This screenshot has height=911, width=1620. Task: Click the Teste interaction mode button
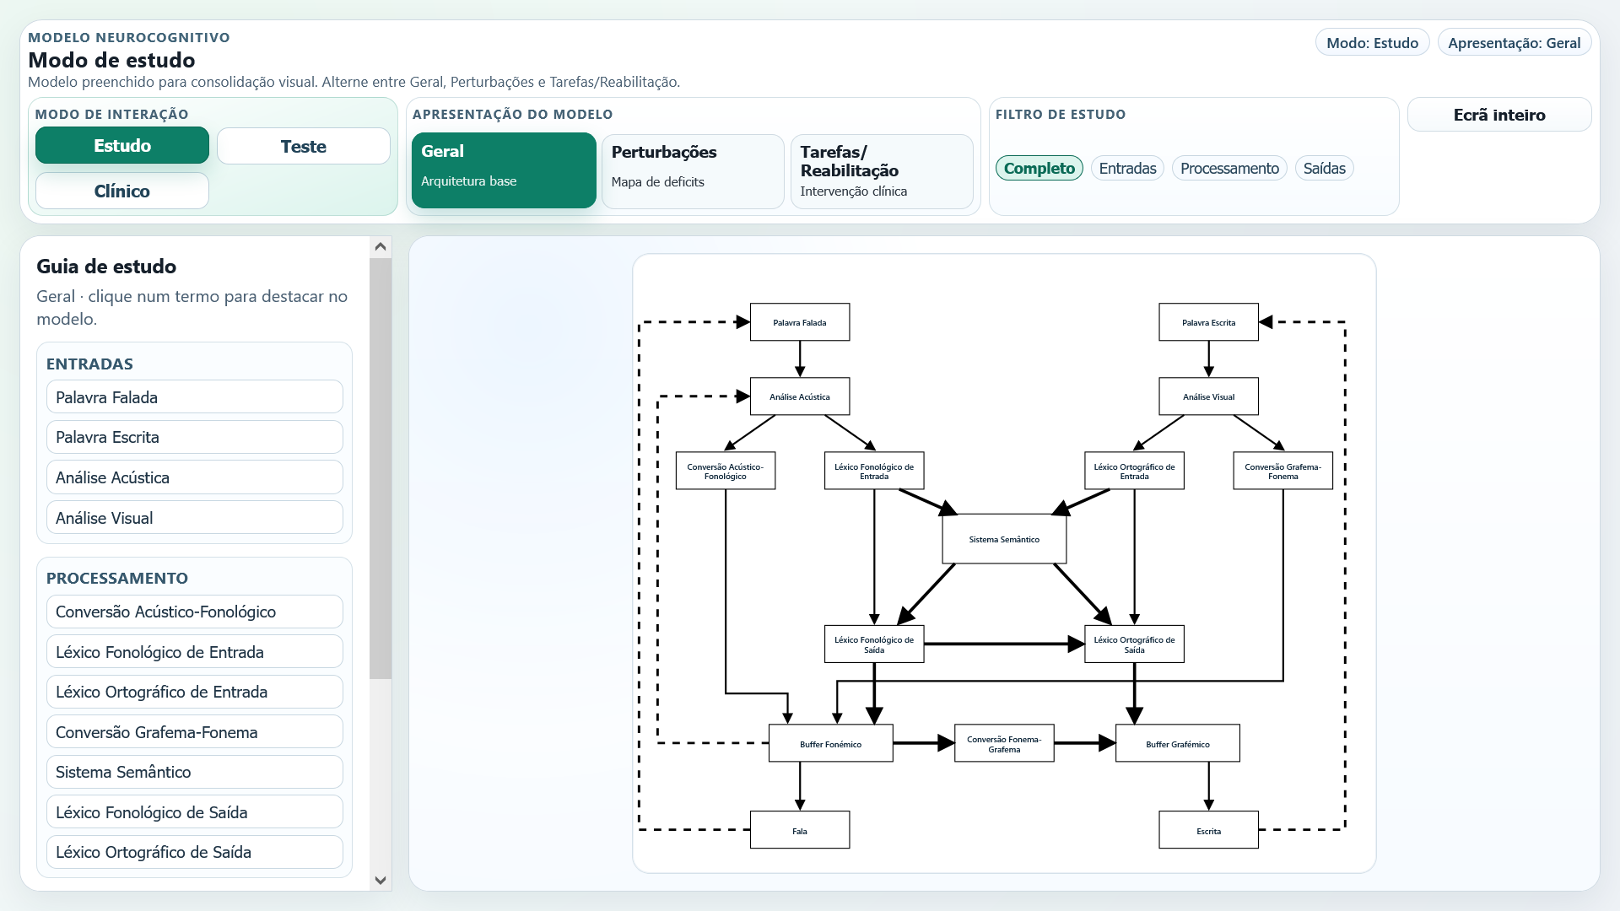point(303,146)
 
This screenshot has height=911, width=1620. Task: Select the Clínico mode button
point(122,191)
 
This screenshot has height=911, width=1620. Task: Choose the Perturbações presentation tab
point(693,171)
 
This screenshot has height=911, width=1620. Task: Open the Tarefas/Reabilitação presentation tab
point(882,171)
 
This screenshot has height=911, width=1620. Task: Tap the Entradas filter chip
point(1127,168)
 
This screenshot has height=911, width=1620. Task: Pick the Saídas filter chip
point(1324,168)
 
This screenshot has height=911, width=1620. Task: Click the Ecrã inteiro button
point(1499,115)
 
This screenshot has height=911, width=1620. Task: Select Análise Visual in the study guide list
point(195,518)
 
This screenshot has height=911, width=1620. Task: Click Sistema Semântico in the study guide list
point(195,772)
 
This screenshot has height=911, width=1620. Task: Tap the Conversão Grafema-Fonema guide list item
point(195,732)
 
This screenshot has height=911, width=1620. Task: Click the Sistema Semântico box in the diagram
point(1004,539)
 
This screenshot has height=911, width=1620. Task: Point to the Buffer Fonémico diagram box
point(830,743)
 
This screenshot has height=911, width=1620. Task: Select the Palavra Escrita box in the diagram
point(1208,322)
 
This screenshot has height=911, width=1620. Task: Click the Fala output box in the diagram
point(800,830)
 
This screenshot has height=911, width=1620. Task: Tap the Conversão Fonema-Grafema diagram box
point(1004,743)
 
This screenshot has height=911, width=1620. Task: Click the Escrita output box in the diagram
point(1208,830)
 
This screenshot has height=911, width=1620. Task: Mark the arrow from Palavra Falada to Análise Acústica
point(800,359)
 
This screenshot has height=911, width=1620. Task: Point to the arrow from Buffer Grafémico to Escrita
point(1208,786)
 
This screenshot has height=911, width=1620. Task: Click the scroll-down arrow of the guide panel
point(381,880)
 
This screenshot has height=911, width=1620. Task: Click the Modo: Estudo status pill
point(1372,43)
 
